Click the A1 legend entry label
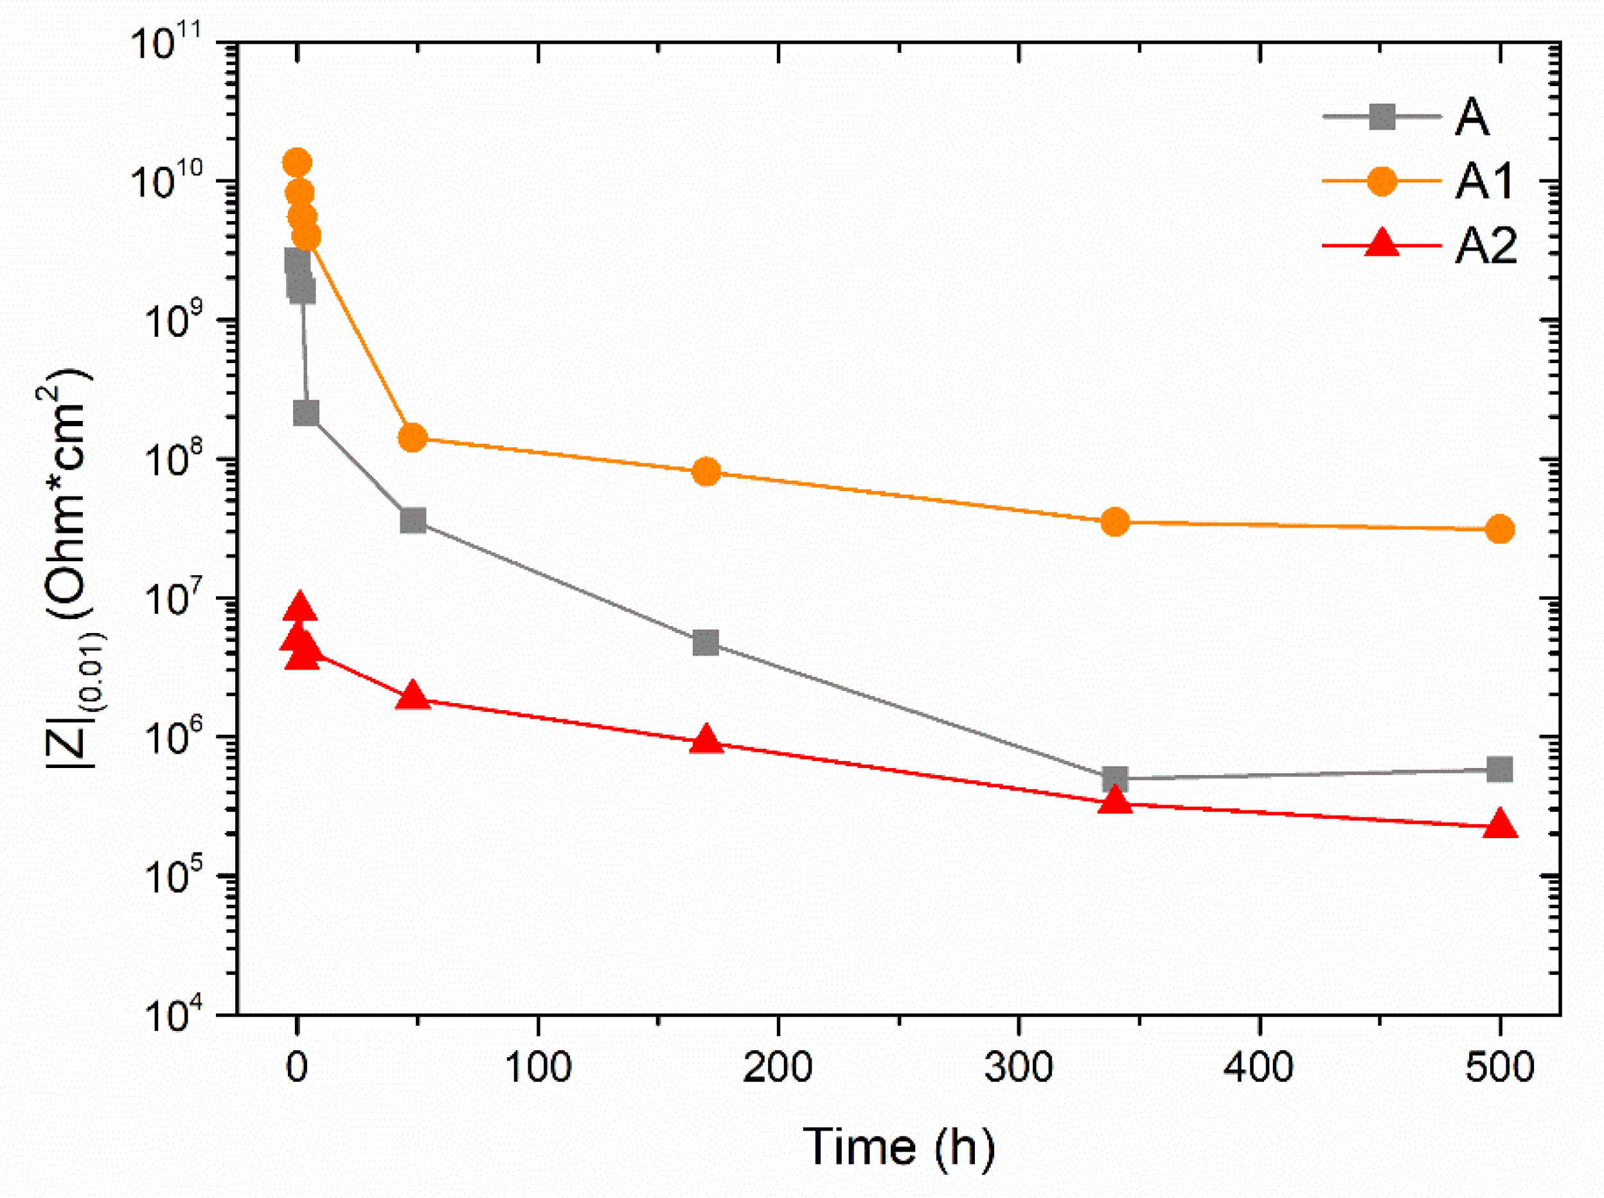click(1484, 181)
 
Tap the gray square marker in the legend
click(1382, 117)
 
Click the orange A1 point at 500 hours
click(1500, 530)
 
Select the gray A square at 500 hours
click(1500, 769)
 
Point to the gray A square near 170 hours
click(706, 643)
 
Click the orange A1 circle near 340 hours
click(1115, 522)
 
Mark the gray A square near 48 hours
click(413, 521)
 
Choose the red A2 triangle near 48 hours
click(413, 697)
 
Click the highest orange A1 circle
click(297, 163)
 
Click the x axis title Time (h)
click(899, 1147)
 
